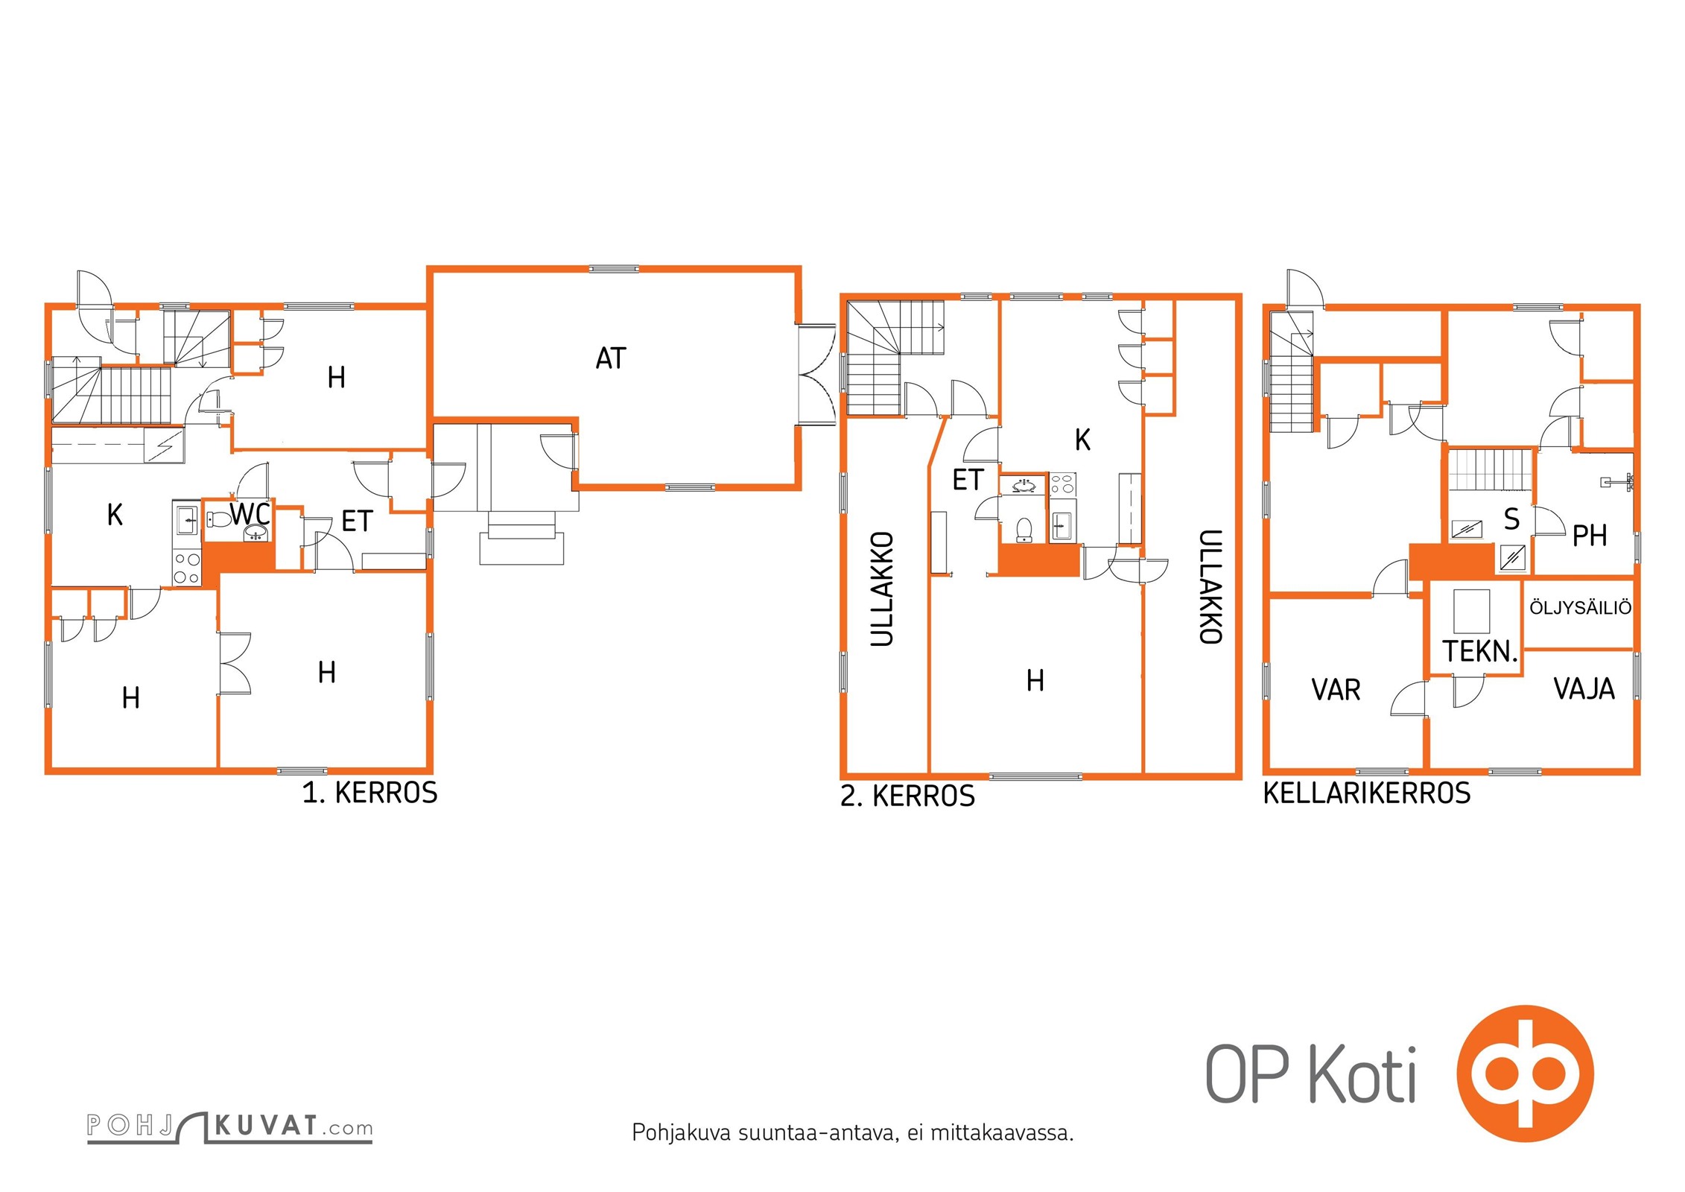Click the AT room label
point(611,358)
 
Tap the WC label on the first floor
point(250,513)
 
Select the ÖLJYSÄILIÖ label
point(1581,607)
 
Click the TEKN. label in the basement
point(1480,651)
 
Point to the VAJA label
point(1584,688)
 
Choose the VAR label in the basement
point(1336,690)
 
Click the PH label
point(1589,535)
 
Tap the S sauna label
point(1511,519)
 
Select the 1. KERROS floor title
point(369,793)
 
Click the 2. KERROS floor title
point(907,796)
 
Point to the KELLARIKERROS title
point(1367,793)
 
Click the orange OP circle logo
point(1526,1074)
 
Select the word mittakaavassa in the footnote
point(1002,1133)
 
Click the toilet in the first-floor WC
point(218,519)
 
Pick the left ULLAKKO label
point(882,589)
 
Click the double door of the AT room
point(816,375)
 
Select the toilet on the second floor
point(1024,530)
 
